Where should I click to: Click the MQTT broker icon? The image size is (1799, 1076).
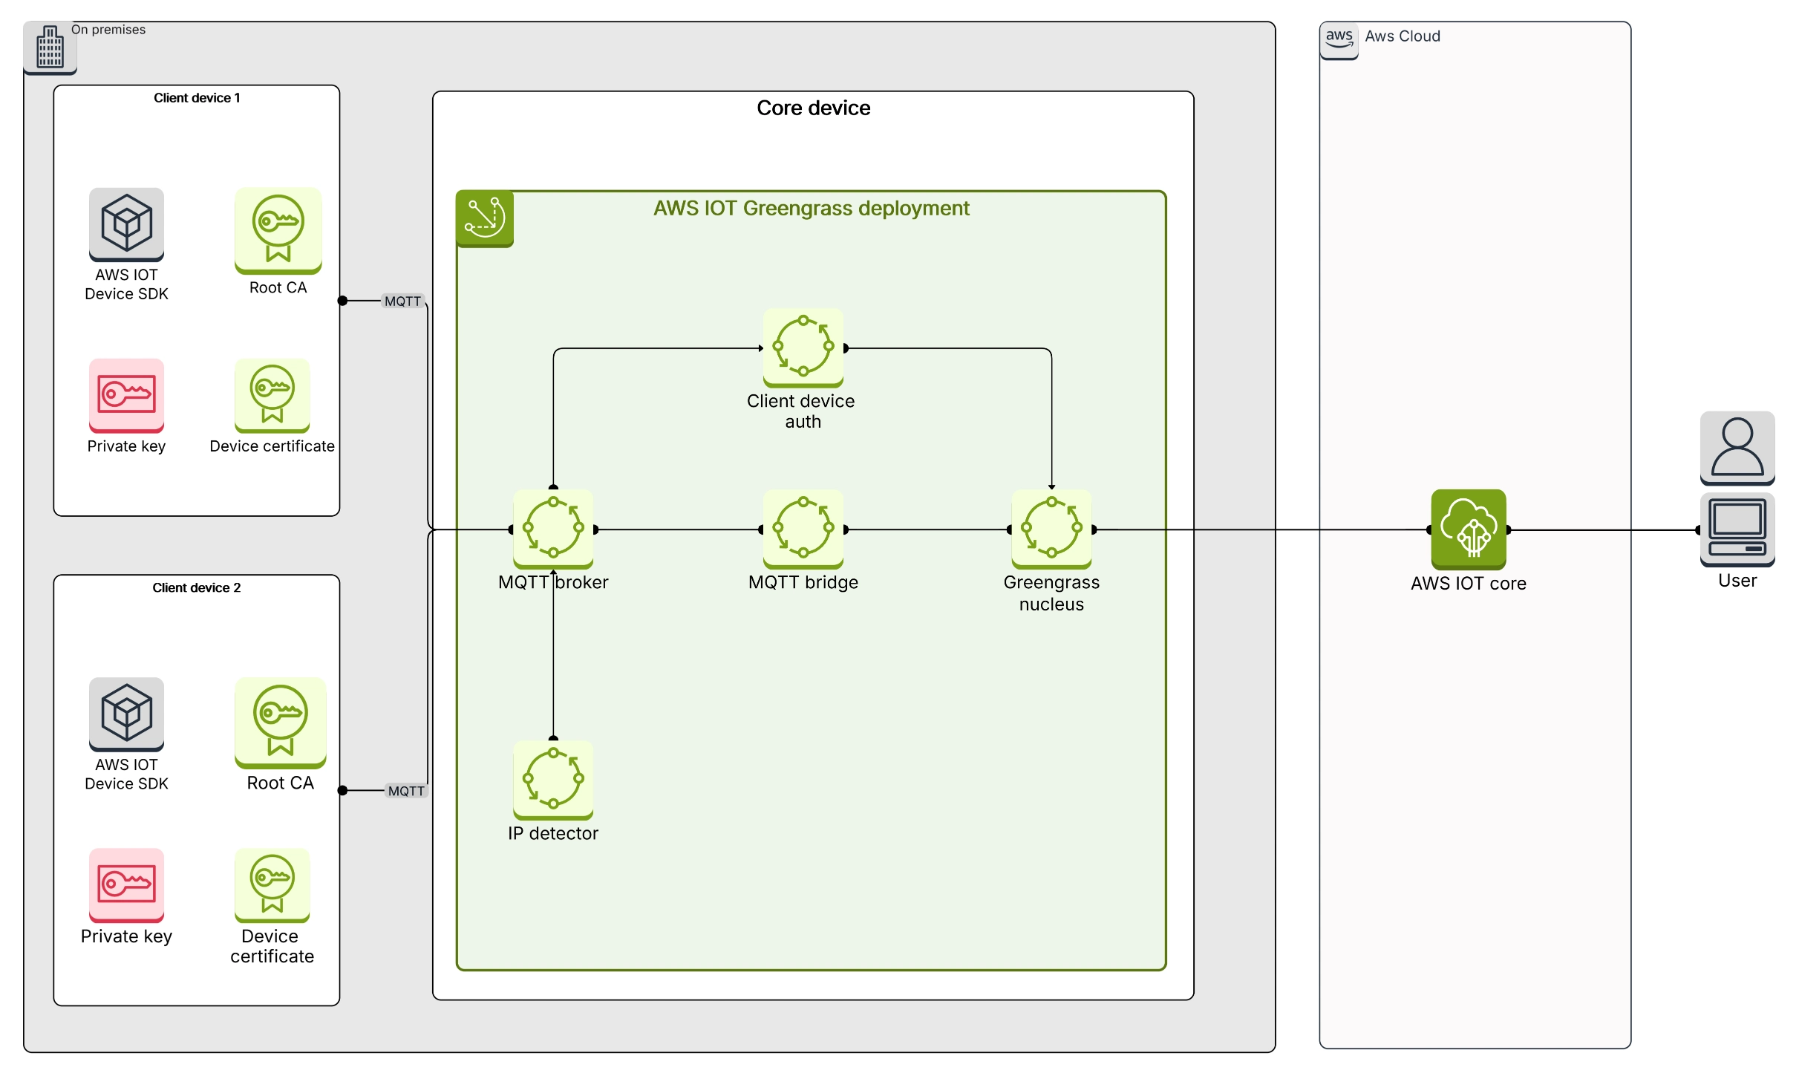(x=553, y=529)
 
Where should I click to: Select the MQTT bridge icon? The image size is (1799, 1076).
(x=803, y=529)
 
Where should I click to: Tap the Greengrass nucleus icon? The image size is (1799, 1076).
(x=1051, y=529)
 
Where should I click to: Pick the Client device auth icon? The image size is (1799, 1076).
(x=803, y=347)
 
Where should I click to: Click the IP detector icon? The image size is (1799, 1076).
(x=553, y=779)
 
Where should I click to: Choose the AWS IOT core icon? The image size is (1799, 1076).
(x=1468, y=529)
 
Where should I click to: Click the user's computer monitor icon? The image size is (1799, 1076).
(x=1737, y=529)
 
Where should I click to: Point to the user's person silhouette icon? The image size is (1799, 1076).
(x=1737, y=447)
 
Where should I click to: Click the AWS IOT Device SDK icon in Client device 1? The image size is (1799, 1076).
(x=126, y=224)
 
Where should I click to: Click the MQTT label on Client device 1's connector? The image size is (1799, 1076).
(x=402, y=301)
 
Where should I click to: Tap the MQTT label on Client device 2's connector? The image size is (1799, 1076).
(x=406, y=791)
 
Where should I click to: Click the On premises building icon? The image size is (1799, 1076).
(x=50, y=48)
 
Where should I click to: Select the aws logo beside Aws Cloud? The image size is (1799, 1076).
(x=1339, y=38)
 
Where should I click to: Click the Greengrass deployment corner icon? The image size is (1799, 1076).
(x=484, y=218)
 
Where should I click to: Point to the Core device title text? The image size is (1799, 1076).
(x=813, y=108)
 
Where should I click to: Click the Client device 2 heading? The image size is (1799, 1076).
(x=196, y=587)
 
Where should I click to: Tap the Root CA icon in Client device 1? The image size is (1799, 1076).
(x=278, y=229)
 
